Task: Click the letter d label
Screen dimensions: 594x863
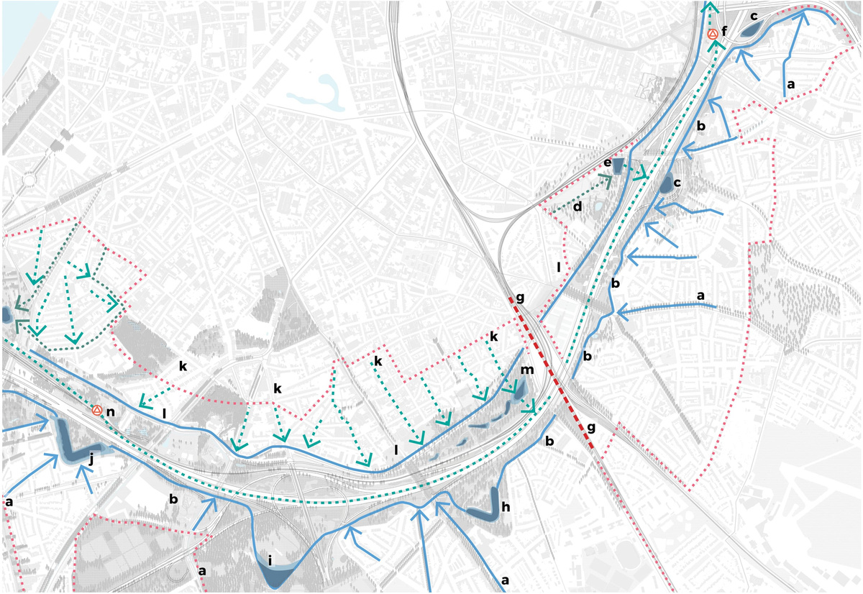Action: click(x=577, y=206)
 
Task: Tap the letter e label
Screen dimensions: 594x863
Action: click(x=608, y=164)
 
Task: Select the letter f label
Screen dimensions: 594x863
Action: click(x=724, y=32)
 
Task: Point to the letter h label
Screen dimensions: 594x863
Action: click(x=506, y=507)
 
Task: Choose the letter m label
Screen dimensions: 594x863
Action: click(x=527, y=370)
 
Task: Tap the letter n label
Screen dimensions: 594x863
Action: click(x=111, y=411)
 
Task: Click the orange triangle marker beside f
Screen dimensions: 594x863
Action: click(x=712, y=34)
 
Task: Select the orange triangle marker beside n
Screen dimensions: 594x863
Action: click(x=96, y=410)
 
